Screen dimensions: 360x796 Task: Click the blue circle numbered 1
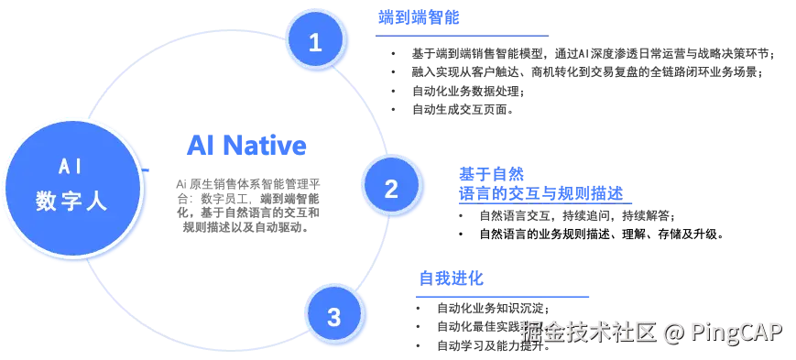[315, 42]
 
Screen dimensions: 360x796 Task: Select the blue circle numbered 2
[391, 189]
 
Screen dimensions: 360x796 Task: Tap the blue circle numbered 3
[333, 317]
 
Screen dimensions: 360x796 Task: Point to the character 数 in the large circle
[47, 202]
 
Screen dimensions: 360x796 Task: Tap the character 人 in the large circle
[96, 202]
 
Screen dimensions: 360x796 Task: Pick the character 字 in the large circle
[71, 202]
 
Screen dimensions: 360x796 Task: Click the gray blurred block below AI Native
[248, 203]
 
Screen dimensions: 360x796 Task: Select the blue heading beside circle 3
[450, 277]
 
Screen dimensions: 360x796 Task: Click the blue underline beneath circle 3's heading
[501, 296]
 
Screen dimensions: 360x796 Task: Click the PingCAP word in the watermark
[736, 332]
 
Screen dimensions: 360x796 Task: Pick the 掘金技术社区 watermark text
[588, 332]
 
